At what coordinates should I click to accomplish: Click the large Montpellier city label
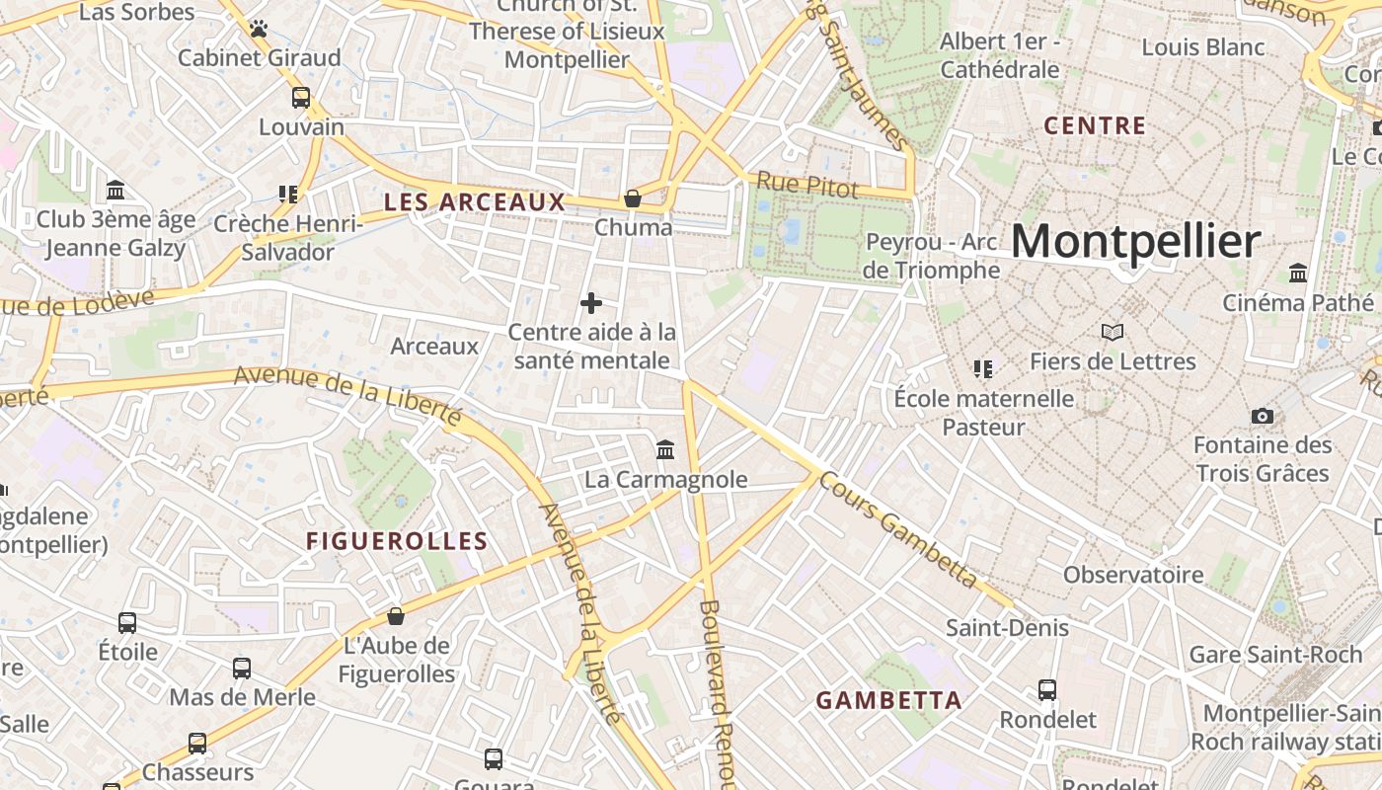1135,242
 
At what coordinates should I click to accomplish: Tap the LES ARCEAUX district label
474,202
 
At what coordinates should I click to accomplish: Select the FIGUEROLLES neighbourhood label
397,541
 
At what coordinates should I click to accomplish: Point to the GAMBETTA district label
888,700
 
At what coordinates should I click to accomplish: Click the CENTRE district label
1095,125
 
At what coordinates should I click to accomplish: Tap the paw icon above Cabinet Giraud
259,29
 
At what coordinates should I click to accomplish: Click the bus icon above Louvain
301,98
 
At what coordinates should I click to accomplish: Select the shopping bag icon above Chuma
633,198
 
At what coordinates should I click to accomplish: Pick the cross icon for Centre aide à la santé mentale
591,303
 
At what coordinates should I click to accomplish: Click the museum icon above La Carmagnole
665,450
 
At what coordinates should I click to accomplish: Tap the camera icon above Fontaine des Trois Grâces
1262,416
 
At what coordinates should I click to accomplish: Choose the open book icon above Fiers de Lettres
1113,333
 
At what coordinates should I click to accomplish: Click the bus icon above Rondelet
1047,690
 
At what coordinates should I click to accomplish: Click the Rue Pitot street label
806,185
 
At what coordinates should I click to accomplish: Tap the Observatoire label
1133,575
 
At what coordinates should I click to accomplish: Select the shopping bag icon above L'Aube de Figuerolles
396,616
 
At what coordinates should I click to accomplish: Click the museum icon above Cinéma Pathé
1298,273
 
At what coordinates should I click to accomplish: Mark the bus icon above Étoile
127,623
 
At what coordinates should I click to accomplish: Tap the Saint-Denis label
1007,628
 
